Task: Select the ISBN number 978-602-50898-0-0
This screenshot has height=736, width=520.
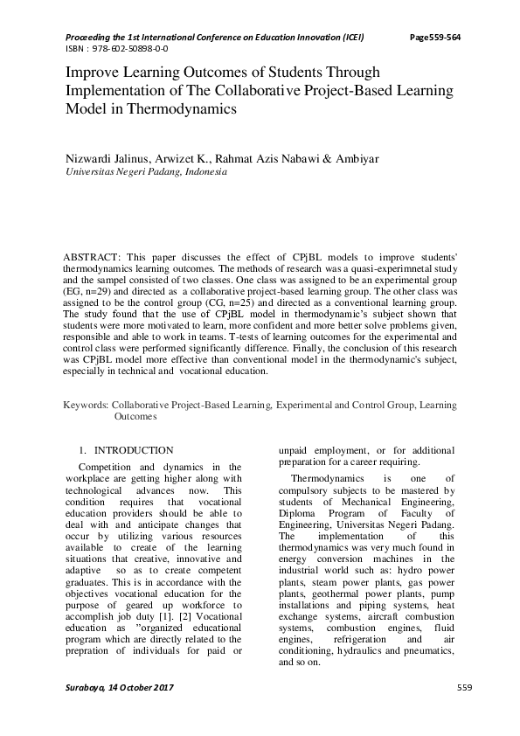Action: tap(128, 48)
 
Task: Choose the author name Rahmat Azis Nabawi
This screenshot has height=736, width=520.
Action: tap(246, 159)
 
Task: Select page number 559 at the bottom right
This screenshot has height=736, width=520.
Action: tap(465, 688)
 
